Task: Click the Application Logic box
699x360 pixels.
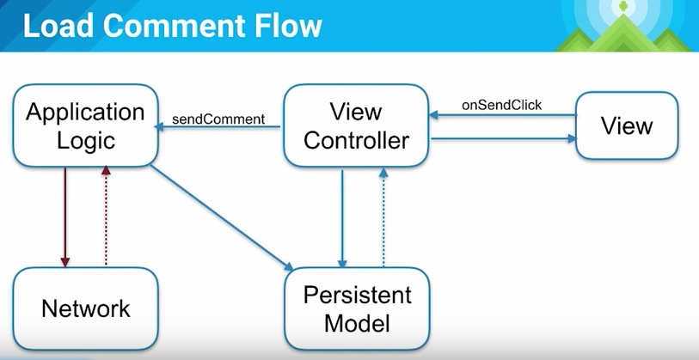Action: pyautogui.click(x=85, y=125)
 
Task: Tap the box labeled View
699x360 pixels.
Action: pyautogui.click(x=627, y=126)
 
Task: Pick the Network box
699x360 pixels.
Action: pyautogui.click(x=86, y=308)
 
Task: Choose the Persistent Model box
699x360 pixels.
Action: pyautogui.click(x=357, y=309)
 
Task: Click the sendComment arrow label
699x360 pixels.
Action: pyautogui.click(x=218, y=119)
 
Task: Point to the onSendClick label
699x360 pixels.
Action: pyautogui.click(x=502, y=105)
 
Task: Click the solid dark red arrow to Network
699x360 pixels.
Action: pyautogui.click(x=65, y=215)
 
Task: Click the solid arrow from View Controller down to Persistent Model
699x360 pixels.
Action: pyautogui.click(x=343, y=218)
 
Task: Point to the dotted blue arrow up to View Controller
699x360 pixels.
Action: pyautogui.click(x=384, y=218)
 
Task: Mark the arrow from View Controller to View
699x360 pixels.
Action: pyautogui.click(x=502, y=137)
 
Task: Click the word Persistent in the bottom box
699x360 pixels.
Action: pyautogui.click(x=357, y=296)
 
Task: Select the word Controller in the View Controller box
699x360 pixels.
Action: pyautogui.click(x=356, y=140)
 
